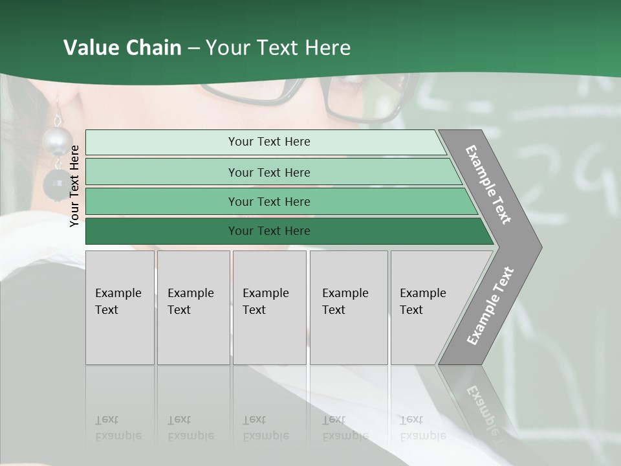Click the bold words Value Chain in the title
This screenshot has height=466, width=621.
tap(122, 48)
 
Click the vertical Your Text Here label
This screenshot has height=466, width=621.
tap(75, 186)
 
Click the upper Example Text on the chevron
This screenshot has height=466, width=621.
tap(488, 184)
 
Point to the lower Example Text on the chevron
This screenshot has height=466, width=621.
tap(490, 306)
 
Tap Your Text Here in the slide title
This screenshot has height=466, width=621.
tap(278, 48)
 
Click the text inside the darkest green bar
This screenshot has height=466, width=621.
tap(269, 231)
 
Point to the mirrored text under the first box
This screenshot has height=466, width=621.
tap(118, 428)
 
